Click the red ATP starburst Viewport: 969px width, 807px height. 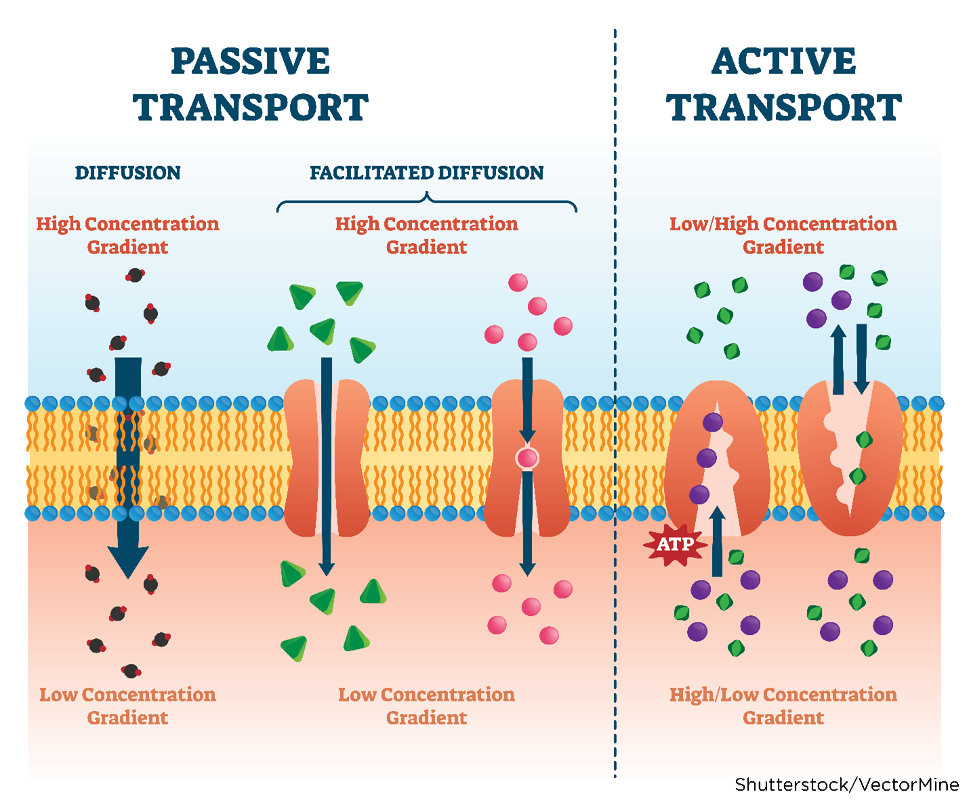click(x=675, y=544)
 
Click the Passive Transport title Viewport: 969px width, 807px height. click(x=250, y=85)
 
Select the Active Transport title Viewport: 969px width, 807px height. click(x=783, y=85)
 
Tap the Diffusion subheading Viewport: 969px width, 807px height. click(x=127, y=173)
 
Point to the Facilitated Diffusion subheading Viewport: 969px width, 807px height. click(x=426, y=173)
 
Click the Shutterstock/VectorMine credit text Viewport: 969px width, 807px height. click(x=846, y=785)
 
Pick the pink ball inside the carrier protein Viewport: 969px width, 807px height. click(x=527, y=458)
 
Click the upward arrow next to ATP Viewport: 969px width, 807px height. click(x=717, y=542)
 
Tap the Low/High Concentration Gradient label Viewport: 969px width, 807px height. click(x=783, y=234)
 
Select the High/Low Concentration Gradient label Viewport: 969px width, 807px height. click(x=783, y=705)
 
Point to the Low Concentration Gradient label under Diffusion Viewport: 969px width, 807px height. click(x=127, y=705)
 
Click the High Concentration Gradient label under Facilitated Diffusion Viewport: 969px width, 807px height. click(x=426, y=234)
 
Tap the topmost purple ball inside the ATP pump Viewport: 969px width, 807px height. click(x=712, y=422)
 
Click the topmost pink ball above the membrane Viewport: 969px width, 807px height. click(x=518, y=282)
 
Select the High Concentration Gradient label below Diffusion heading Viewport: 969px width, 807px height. click(x=127, y=234)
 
